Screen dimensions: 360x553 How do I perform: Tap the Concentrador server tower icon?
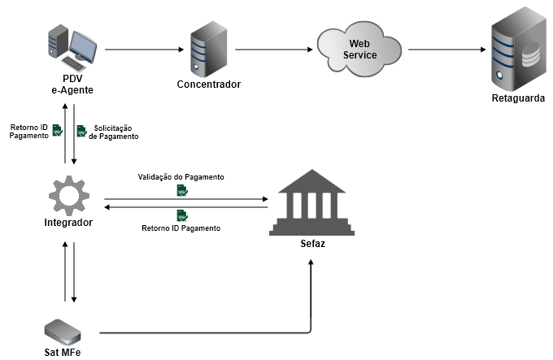(x=208, y=50)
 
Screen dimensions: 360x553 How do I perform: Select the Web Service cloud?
(x=359, y=50)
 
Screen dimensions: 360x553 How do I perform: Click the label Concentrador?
(x=208, y=85)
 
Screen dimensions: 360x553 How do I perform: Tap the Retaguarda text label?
(x=519, y=100)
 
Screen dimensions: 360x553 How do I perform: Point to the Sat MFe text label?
(x=63, y=352)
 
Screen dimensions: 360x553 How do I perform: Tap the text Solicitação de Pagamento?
(x=114, y=132)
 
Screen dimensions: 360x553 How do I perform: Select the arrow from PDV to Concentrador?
(x=142, y=50)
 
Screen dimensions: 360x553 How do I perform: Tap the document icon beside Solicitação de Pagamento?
(x=81, y=130)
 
